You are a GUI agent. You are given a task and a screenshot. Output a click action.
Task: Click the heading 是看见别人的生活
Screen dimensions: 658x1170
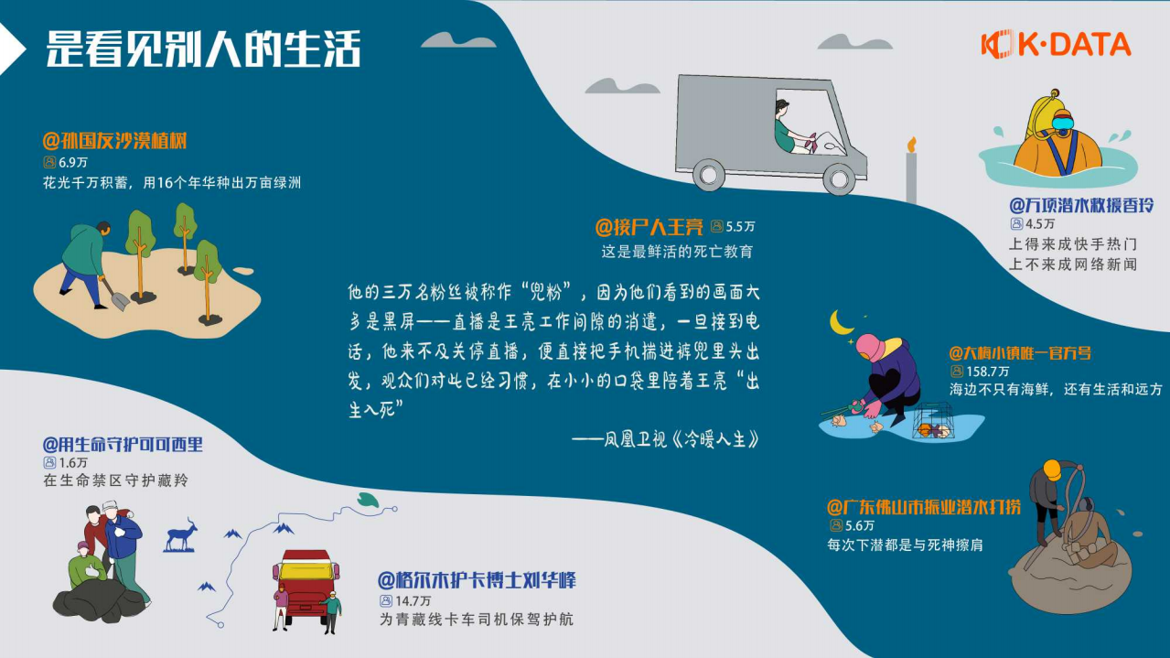(203, 49)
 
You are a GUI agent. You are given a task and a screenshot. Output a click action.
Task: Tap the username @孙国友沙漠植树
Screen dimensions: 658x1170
(114, 142)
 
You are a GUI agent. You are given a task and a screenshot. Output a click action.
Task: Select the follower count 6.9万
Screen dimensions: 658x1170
(72, 162)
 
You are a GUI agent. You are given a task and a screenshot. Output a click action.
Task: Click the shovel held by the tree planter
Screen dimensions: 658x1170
(114, 294)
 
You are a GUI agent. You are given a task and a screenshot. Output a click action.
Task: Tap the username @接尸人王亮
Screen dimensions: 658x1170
(649, 226)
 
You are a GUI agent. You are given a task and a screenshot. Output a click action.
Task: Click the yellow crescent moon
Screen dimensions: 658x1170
(841, 322)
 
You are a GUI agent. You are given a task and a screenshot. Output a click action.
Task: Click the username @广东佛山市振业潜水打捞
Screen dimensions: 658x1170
(923, 507)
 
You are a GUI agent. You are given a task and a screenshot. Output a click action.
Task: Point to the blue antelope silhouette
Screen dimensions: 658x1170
(181, 534)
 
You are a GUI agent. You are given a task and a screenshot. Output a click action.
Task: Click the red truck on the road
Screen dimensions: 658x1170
(306, 586)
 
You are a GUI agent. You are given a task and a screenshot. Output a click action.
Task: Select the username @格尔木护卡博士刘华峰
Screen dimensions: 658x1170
(477, 581)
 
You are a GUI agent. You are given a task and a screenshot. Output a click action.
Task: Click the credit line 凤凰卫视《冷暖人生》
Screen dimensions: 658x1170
(667, 439)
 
